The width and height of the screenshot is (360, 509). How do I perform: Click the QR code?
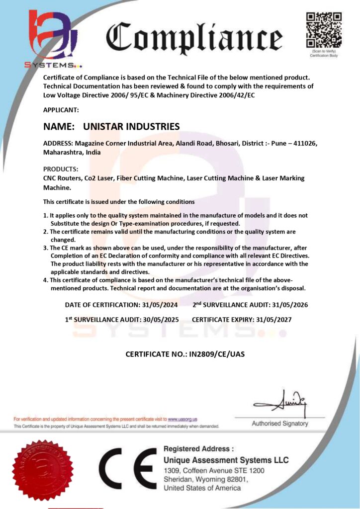tap(324, 29)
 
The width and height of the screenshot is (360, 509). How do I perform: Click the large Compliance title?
tap(194, 38)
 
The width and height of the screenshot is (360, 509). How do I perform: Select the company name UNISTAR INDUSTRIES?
tap(131, 126)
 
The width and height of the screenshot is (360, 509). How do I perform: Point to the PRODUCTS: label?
tap(61, 169)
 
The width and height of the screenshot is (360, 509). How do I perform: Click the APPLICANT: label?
tap(61, 109)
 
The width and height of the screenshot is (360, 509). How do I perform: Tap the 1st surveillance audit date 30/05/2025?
tap(159, 319)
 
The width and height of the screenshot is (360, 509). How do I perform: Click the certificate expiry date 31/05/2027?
tap(273, 319)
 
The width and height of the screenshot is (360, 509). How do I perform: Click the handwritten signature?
tap(280, 401)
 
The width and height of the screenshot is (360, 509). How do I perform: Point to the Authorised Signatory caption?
tap(280, 424)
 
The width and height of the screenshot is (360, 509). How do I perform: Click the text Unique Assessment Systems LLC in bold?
tap(226, 460)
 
